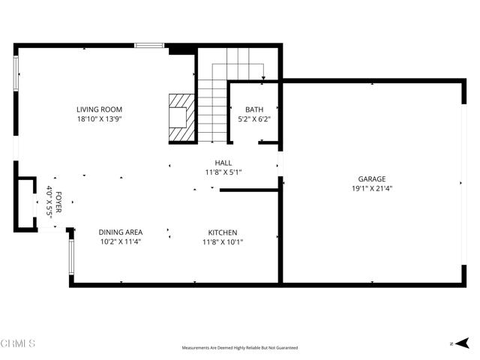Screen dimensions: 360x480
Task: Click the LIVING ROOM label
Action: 99,109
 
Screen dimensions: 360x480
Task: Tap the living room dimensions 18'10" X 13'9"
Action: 99,118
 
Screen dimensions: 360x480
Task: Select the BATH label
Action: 254,109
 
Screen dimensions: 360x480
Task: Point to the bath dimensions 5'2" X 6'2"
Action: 254,118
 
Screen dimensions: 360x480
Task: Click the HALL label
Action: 223,163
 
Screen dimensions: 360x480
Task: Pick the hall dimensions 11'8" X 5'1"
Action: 223,172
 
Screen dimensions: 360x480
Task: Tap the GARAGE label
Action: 371,179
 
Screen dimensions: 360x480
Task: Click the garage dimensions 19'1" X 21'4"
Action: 371,188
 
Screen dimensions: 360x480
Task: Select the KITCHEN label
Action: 223,232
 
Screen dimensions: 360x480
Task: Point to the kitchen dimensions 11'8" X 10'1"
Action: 223,241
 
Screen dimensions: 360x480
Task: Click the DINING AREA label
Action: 121,232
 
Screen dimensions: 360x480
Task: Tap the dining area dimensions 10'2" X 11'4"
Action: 121,241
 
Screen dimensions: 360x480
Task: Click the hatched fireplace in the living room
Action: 181,117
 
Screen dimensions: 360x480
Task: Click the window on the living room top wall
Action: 149,46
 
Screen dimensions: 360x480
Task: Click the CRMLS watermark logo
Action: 19,344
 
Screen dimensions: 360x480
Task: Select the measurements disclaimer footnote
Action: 240,348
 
